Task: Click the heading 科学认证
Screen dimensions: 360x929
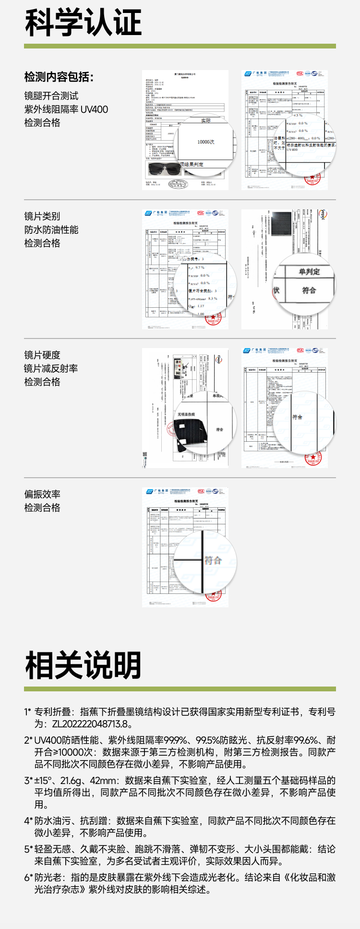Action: [x=83, y=23]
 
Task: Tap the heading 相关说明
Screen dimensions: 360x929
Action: [x=83, y=665]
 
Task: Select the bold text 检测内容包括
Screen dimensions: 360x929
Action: [x=59, y=77]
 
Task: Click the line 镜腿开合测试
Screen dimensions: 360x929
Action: [x=51, y=96]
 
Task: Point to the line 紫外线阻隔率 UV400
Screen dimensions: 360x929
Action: [x=66, y=109]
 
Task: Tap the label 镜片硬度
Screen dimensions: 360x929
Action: [x=42, y=355]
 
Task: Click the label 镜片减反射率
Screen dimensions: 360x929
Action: [x=51, y=369]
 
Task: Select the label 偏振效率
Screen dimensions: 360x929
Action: [x=42, y=495]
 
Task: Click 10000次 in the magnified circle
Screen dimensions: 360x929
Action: [x=206, y=142]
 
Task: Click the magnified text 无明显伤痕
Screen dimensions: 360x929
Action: [x=186, y=414]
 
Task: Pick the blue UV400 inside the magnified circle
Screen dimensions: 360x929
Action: [x=292, y=149]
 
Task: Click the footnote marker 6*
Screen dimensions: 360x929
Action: [x=28, y=878]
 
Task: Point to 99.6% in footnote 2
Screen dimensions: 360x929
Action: [x=305, y=740]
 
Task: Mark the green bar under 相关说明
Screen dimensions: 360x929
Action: [x=180, y=689]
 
